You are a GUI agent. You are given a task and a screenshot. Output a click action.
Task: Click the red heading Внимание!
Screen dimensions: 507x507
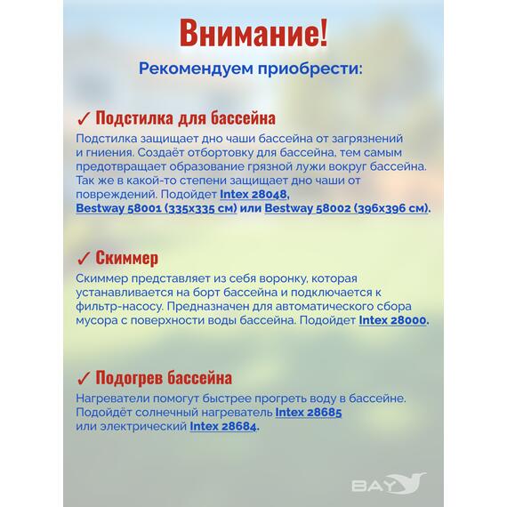pos(253,32)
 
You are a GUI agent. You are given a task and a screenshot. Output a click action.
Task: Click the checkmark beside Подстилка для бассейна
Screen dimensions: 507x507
pos(83,119)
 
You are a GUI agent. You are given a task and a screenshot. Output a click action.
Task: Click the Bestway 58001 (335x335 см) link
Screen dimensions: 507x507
pos(157,207)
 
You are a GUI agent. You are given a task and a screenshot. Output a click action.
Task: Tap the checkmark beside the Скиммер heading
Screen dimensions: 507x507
pos(83,259)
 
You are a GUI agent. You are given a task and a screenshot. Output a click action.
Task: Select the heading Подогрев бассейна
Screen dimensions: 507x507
pos(164,378)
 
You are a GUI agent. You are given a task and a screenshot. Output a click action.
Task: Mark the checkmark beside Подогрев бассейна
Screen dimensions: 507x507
pos(83,379)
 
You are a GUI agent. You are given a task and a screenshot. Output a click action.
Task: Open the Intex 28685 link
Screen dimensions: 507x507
pos(308,413)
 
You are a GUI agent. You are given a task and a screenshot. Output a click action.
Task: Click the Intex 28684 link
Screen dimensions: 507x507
pos(223,427)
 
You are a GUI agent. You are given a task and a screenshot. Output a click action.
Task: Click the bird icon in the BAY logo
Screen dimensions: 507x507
pos(410,482)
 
